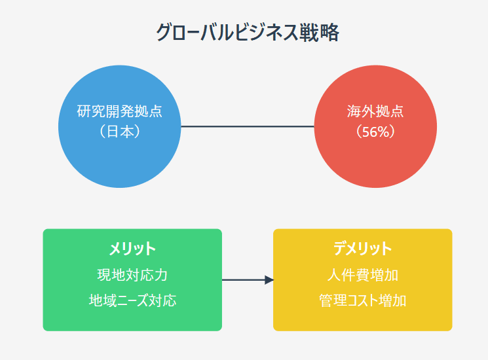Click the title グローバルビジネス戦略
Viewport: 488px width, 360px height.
point(248,32)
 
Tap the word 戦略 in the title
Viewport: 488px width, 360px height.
point(319,32)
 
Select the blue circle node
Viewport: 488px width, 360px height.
point(119,126)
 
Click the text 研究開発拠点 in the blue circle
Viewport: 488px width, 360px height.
point(119,111)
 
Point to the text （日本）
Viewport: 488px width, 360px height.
point(119,132)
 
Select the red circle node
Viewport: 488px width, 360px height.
point(375,126)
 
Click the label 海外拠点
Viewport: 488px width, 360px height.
point(375,111)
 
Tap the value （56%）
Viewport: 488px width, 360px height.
point(375,132)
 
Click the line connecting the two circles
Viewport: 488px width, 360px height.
point(248,126)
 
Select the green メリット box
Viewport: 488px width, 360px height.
point(132,279)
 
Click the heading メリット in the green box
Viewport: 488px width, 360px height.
point(132,249)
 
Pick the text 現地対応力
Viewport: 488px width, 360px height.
point(132,275)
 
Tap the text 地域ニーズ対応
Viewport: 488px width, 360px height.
point(132,300)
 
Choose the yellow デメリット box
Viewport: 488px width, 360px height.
point(363,279)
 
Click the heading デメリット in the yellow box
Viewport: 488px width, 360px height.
point(363,249)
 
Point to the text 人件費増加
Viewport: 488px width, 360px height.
point(363,275)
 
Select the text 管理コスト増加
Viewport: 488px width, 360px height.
point(363,300)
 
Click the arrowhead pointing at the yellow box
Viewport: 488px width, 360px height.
point(269,279)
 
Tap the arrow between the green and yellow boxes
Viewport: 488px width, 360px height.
point(248,279)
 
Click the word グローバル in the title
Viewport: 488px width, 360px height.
point(195,32)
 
